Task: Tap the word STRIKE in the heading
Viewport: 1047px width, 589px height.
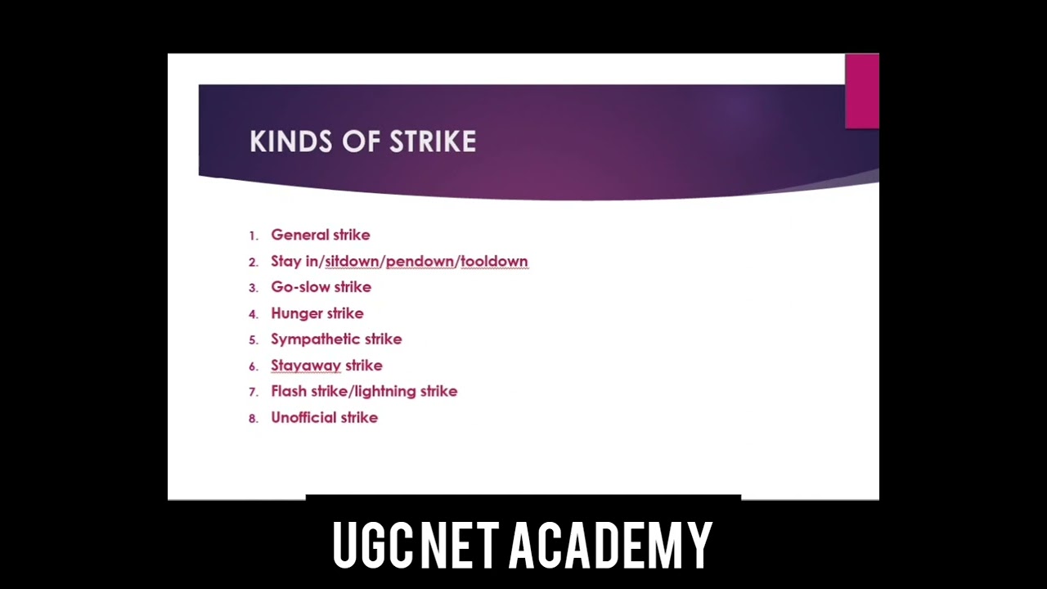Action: click(433, 142)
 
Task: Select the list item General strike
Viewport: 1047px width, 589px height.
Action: click(320, 235)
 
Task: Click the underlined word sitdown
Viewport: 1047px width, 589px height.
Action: click(352, 261)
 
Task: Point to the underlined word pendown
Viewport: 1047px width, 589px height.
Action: click(420, 261)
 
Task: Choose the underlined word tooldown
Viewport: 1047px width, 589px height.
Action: click(494, 261)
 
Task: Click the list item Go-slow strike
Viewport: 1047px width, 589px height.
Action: click(321, 287)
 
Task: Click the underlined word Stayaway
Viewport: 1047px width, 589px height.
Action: click(305, 366)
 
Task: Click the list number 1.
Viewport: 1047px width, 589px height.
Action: click(253, 236)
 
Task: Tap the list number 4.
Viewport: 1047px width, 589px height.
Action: click(253, 314)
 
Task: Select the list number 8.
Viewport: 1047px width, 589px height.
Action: click(253, 418)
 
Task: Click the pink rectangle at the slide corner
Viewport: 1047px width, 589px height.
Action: click(861, 91)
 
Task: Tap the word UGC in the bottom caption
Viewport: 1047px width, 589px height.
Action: click(372, 546)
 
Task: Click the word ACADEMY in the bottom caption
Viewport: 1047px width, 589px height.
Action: click(610, 546)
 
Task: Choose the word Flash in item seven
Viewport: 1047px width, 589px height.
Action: click(289, 391)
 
